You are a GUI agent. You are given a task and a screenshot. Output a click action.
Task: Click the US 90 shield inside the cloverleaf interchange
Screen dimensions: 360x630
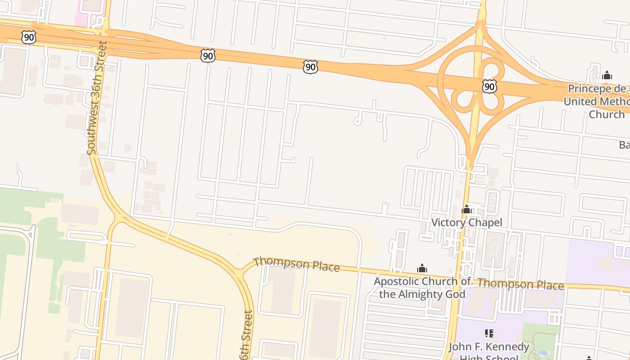[489, 86]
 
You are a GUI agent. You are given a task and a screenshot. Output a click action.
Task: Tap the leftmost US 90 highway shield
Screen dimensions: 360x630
[29, 37]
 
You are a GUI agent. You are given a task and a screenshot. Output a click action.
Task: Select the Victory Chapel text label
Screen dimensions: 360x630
[467, 222]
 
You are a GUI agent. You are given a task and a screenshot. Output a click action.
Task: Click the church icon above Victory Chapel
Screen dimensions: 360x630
[467, 209]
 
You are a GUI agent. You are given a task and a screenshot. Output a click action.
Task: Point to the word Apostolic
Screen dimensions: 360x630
[396, 282]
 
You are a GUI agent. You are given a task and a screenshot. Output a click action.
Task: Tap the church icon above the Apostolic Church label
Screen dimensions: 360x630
[422, 269]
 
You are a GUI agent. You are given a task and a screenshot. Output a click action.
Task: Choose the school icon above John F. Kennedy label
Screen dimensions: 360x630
[489, 333]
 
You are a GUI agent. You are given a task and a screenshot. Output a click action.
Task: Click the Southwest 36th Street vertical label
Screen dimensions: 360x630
[98, 98]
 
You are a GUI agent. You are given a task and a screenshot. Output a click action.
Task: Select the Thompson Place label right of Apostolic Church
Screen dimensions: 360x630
[521, 284]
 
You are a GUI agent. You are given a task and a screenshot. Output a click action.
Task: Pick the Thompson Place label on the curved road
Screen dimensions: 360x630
[296, 264]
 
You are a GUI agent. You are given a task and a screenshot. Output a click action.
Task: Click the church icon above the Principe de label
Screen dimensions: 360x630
[607, 75]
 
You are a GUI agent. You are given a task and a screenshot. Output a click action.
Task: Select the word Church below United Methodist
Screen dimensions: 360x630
[607, 114]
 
